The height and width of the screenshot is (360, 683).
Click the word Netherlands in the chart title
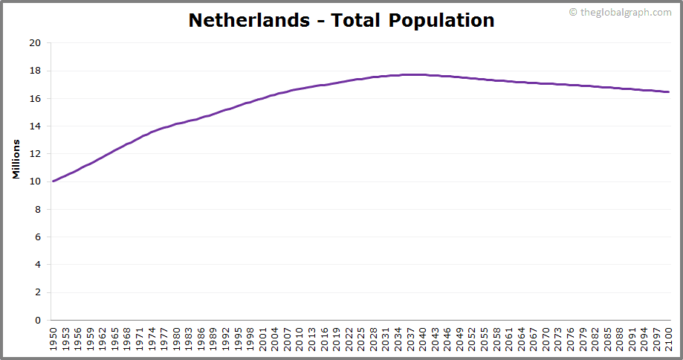coord(249,20)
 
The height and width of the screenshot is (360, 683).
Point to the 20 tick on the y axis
coord(35,43)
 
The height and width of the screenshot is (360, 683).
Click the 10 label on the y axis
coord(35,181)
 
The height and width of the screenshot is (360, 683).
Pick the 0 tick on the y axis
coord(37,321)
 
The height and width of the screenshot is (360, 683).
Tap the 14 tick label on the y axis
coord(35,126)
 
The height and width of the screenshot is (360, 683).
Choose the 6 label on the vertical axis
coord(37,237)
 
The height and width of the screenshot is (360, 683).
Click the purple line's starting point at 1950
coord(53,181)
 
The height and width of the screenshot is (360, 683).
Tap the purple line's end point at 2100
coord(669,92)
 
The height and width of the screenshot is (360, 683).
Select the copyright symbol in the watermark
coord(573,12)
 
